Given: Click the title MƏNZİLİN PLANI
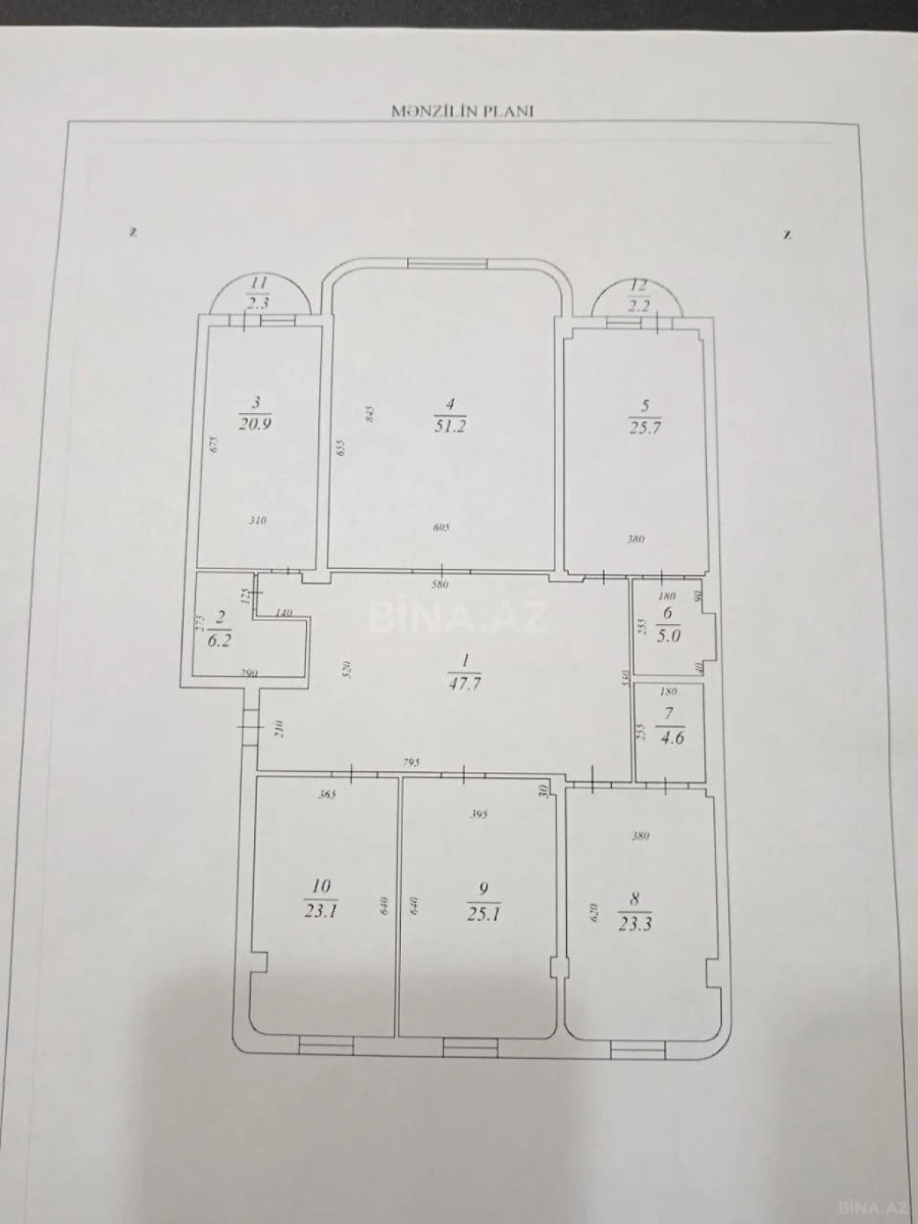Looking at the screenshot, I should (462, 110).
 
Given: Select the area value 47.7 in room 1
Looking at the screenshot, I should (464, 684).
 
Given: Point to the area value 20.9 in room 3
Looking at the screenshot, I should (256, 424).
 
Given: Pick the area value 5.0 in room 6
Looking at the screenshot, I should (668, 635).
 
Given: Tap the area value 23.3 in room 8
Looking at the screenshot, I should (635, 924).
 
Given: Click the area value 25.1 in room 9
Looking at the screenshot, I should (483, 913).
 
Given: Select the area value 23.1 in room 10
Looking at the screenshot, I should (321, 911).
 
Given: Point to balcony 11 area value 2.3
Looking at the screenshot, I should (257, 303).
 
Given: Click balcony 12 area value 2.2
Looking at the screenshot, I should (639, 306).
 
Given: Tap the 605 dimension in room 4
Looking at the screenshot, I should (442, 527).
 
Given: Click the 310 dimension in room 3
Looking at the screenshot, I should (258, 521).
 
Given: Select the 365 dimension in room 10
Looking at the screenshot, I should (327, 795).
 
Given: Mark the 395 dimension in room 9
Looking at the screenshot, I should (478, 814).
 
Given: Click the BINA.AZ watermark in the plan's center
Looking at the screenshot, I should (459, 617).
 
